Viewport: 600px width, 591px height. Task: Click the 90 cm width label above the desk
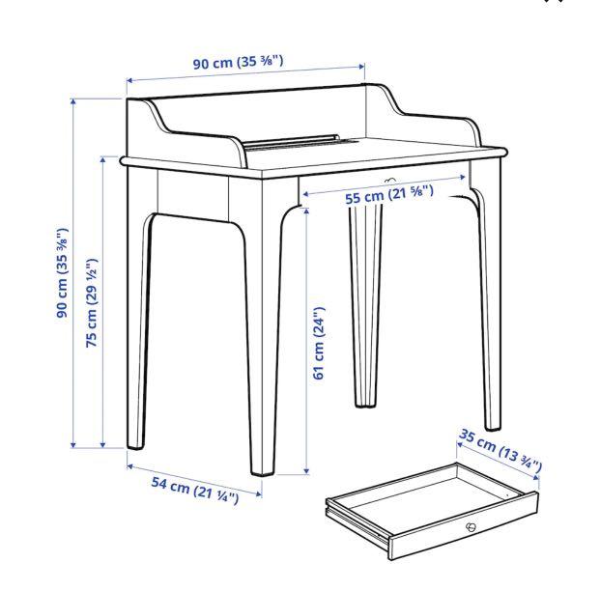point(238,64)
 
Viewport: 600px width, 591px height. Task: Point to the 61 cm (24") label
point(319,343)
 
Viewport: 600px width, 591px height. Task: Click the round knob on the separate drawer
point(471,526)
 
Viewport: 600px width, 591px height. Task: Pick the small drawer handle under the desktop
point(390,180)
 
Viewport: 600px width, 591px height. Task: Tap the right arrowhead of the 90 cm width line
point(362,67)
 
